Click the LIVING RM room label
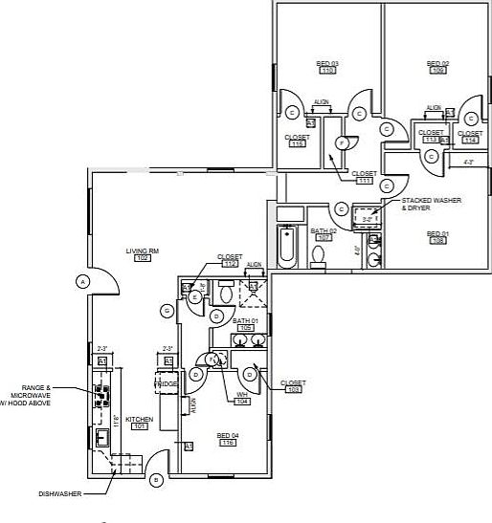tap(142, 251)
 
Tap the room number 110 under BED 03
tap(327, 71)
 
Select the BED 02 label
tap(438, 63)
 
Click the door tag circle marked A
tap(82, 281)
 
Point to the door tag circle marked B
tap(156, 480)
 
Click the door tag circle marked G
tap(167, 310)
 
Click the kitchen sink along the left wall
tap(101, 438)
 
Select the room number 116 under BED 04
tap(228, 443)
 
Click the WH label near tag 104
tap(242, 394)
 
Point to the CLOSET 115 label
tap(297, 140)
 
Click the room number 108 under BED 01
tap(438, 241)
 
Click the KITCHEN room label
tap(139, 419)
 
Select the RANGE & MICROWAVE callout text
tap(56, 394)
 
